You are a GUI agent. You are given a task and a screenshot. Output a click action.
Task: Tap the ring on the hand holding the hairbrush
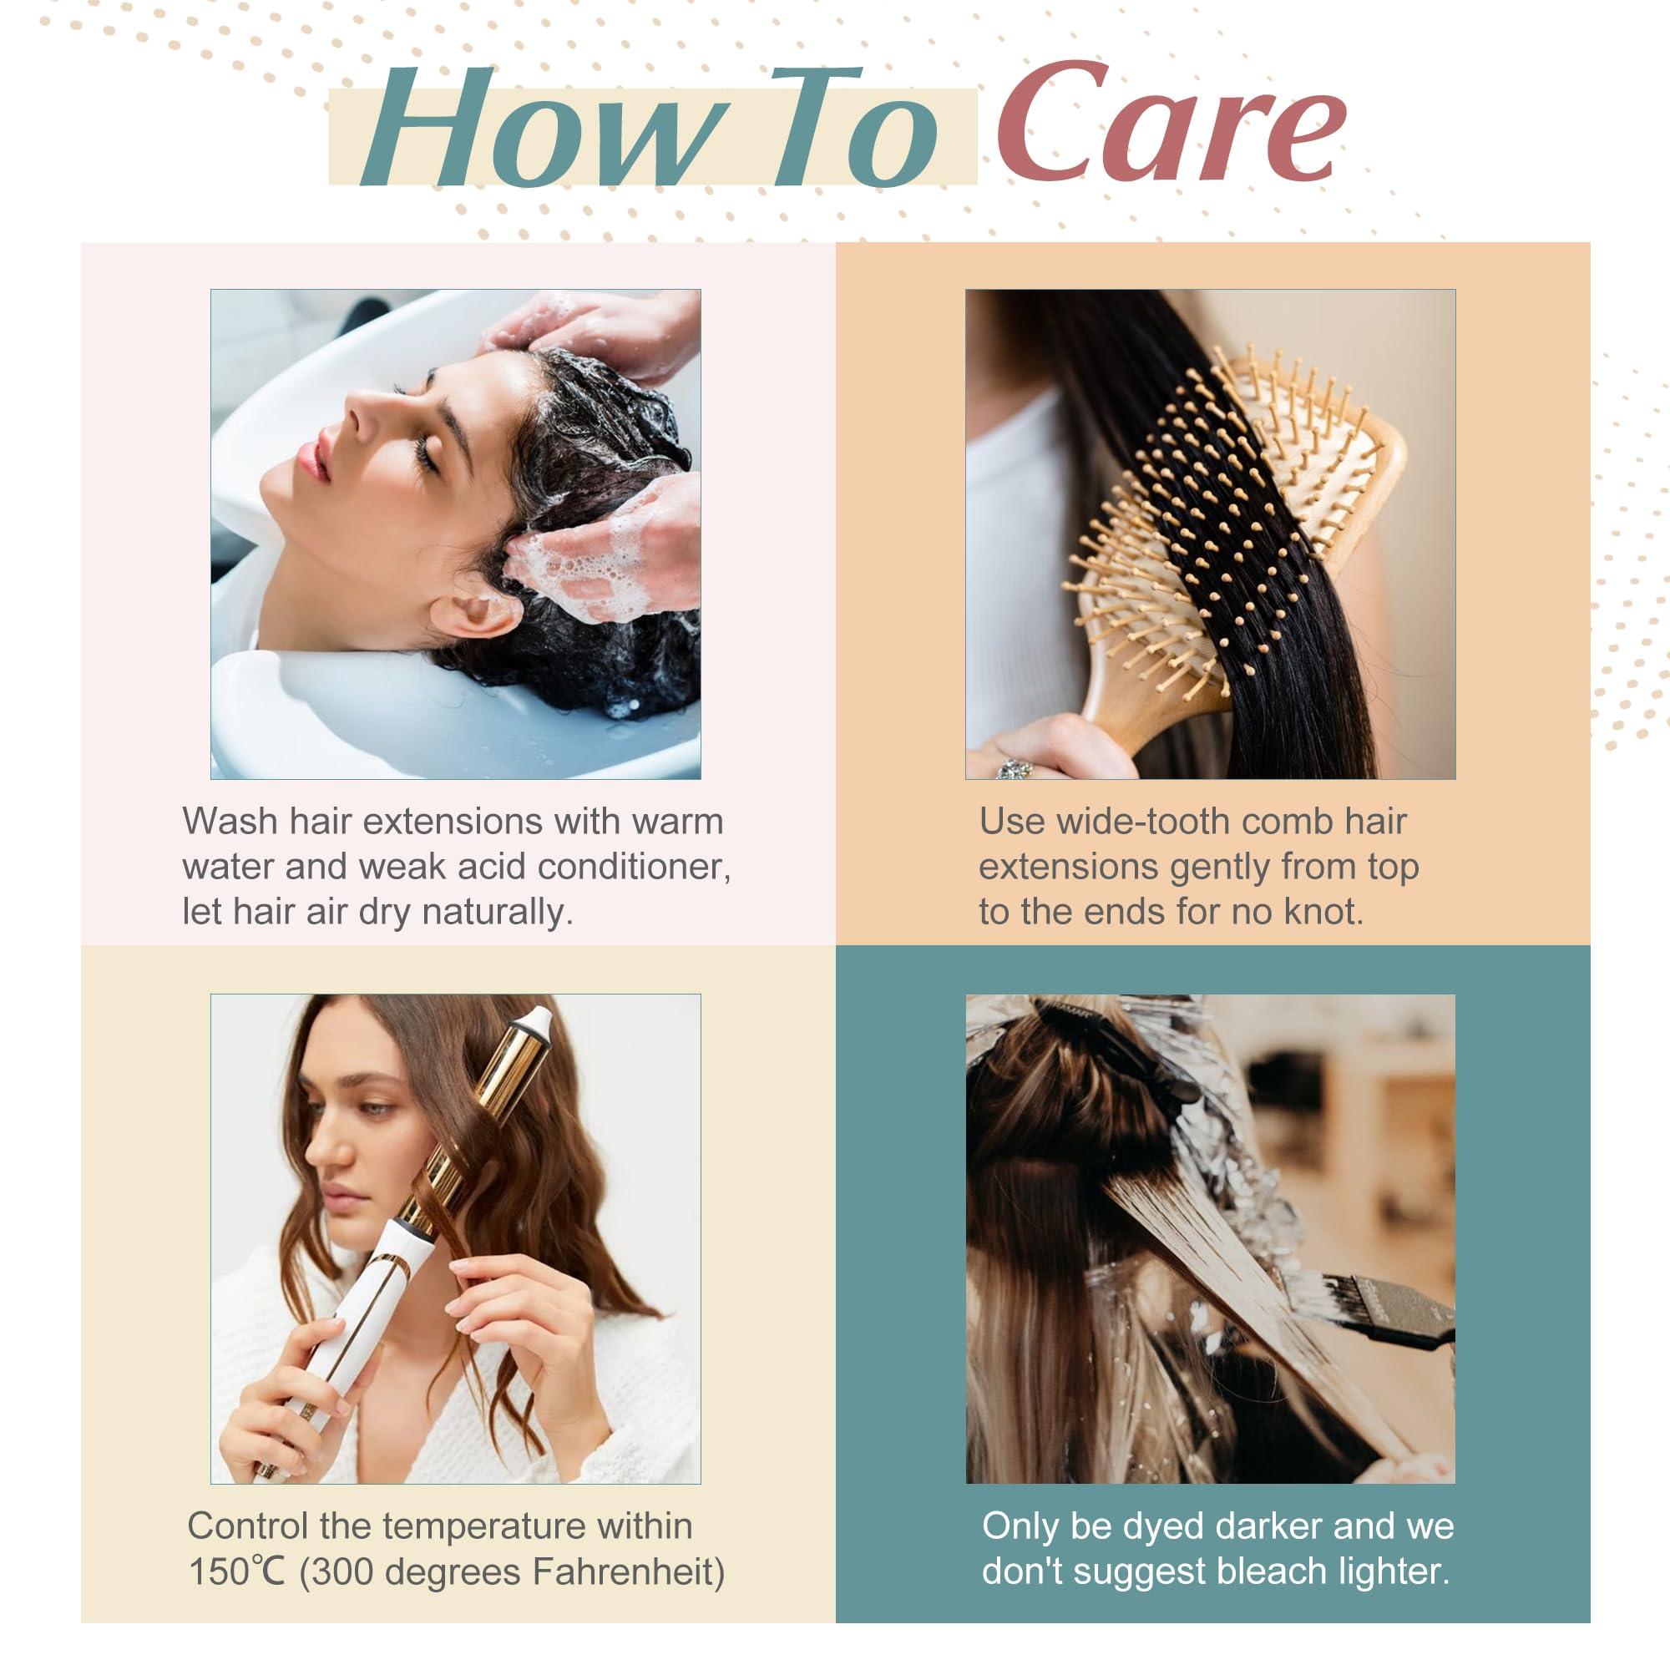[1014, 767]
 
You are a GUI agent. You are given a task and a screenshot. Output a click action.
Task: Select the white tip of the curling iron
[535, 1020]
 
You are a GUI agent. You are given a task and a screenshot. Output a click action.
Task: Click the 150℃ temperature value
[237, 1571]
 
